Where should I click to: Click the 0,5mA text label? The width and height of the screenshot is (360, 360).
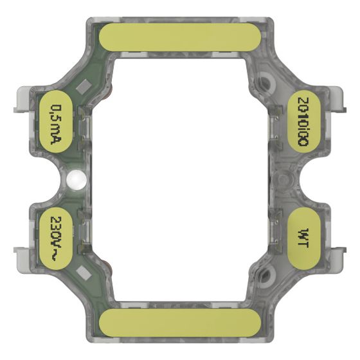coord(56,124)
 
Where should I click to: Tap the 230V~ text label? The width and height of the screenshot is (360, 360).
coord(56,239)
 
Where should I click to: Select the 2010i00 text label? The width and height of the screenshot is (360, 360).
coord(303,122)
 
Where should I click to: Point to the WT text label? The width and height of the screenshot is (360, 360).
coord(303,238)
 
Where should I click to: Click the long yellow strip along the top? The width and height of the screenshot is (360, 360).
coord(180,37)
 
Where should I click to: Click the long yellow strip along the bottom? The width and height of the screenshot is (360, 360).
coord(180,323)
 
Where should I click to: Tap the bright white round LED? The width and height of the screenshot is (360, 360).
coord(76,180)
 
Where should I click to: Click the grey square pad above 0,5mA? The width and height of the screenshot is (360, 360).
coord(84,86)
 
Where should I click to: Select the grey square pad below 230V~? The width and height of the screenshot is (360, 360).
coord(84,273)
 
